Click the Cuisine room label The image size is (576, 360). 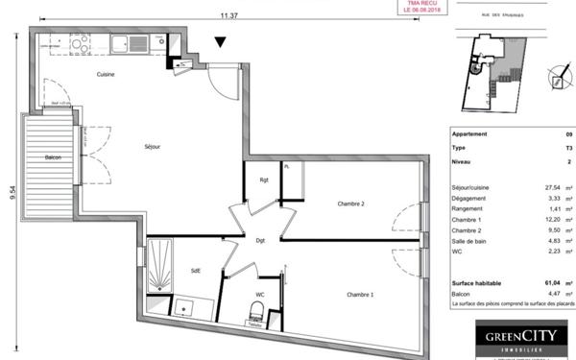[x=106, y=74]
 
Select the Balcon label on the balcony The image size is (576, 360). [x=53, y=157]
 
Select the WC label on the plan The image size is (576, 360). [x=259, y=295]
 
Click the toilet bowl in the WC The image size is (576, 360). [x=256, y=310]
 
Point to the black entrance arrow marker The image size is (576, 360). [x=221, y=41]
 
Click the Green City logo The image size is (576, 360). [x=509, y=339]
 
